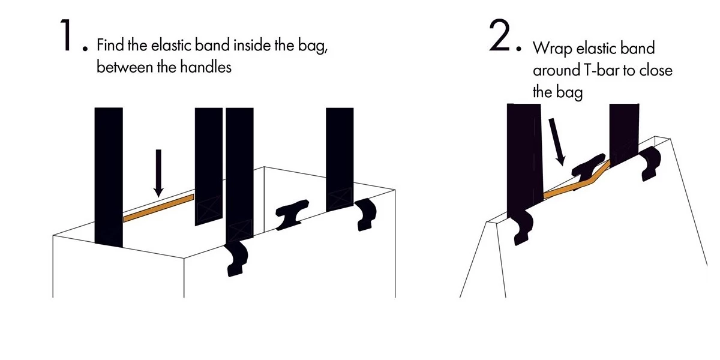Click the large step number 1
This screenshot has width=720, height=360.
click(x=67, y=35)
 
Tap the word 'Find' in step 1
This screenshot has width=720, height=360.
click(x=110, y=45)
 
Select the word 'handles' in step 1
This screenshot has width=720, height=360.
click(x=206, y=67)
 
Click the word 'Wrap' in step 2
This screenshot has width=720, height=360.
click(x=553, y=48)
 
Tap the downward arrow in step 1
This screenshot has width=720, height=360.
click(x=158, y=173)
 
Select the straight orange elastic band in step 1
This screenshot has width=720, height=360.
click(x=158, y=208)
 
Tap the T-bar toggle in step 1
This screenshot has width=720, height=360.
click(x=292, y=214)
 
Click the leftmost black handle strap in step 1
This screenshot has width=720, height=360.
click(x=109, y=177)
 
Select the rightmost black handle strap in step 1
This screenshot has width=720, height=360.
click(x=340, y=159)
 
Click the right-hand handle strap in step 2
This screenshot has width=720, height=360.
click(x=624, y=135)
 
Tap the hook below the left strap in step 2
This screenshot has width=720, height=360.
click(x=523, y=227)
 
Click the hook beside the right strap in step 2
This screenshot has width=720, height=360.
click(x=650, y=163)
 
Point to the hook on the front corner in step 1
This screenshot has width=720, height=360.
click(x=236, y=259)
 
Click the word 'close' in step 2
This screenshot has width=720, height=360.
click(x=656, y=70)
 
